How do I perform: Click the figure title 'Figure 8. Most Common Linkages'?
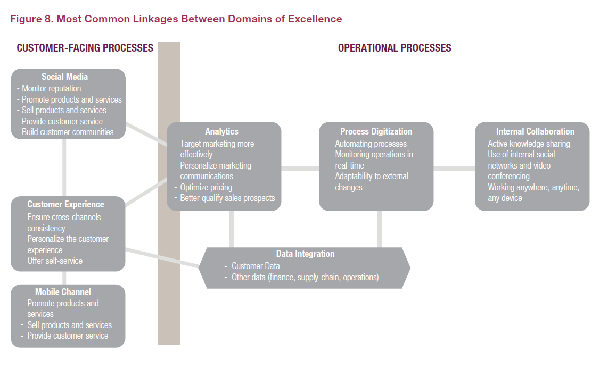(176, 19)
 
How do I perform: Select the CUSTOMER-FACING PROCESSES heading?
(85, 48)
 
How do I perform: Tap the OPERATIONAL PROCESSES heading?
(395, 48)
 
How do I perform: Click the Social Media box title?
(65, 77)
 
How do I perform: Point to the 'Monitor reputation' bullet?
(52, 88)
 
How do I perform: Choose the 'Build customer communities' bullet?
(68, 132)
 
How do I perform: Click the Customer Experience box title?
(66, 204)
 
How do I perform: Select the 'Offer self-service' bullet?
(55, 261)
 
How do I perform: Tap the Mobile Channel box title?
(63, 292)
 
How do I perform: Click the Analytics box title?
(222, 131)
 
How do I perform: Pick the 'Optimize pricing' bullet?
(206, 187)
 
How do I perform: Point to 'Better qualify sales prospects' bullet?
(227, 198)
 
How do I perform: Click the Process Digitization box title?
(376, 131)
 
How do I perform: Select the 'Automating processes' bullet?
(371, 144)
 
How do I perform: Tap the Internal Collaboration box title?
(535, 131)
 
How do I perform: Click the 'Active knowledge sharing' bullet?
(529, 144)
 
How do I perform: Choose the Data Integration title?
(306, 254)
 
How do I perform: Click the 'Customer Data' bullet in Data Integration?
(256, 266)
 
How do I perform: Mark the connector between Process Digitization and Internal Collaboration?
(454, 169)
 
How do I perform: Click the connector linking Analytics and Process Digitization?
(300, 169)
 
